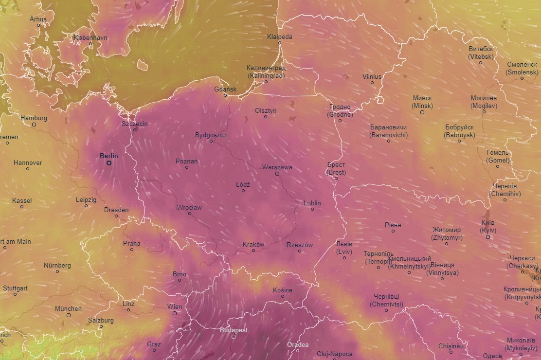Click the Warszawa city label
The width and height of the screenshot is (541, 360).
pyautogui.click(x=277, y=167)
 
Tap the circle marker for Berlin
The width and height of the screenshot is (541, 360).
pyautogui.click(x=109, y=163)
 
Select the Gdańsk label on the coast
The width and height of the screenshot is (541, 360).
pyautogui.click(x=225, y=89)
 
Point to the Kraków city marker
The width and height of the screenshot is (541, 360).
pyautogui.click(x=253, y=251)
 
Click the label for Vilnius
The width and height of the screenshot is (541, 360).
pyautogui.click(x=372, y=76)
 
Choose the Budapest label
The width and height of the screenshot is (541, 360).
pyautogui.click(x=234, y=330)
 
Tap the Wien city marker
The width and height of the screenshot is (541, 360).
pyautogui.click(x=175, y=314)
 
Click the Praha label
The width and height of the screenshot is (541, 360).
pyautogui.click(x=131, y=243)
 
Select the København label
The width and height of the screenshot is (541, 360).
pyautogui.click(x=90, y=37)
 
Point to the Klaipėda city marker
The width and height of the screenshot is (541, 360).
pyautogui.click(x=280, y=43)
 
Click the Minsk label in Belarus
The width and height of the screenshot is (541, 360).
pyautogui.click(x=422, y=102)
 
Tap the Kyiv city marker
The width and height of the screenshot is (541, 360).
pyautogui.click(x=488, y=237)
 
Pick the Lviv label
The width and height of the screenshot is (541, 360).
pyautogui.click(x=344, y=248)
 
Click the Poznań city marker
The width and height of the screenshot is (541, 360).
pyautogui.click(x=187, y=167)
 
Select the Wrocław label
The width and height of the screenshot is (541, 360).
pyautogui.click(x=189, y=207)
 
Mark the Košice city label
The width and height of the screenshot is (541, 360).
pyautogui.click(x=283, y=290)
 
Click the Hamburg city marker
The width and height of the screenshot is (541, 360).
pyautogui.click(x=34, y=125)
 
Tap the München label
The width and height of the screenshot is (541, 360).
pyautogui.click(x=68, y=308)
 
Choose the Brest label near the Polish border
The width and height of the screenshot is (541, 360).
pyautogui.click(x=337, y=169)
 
